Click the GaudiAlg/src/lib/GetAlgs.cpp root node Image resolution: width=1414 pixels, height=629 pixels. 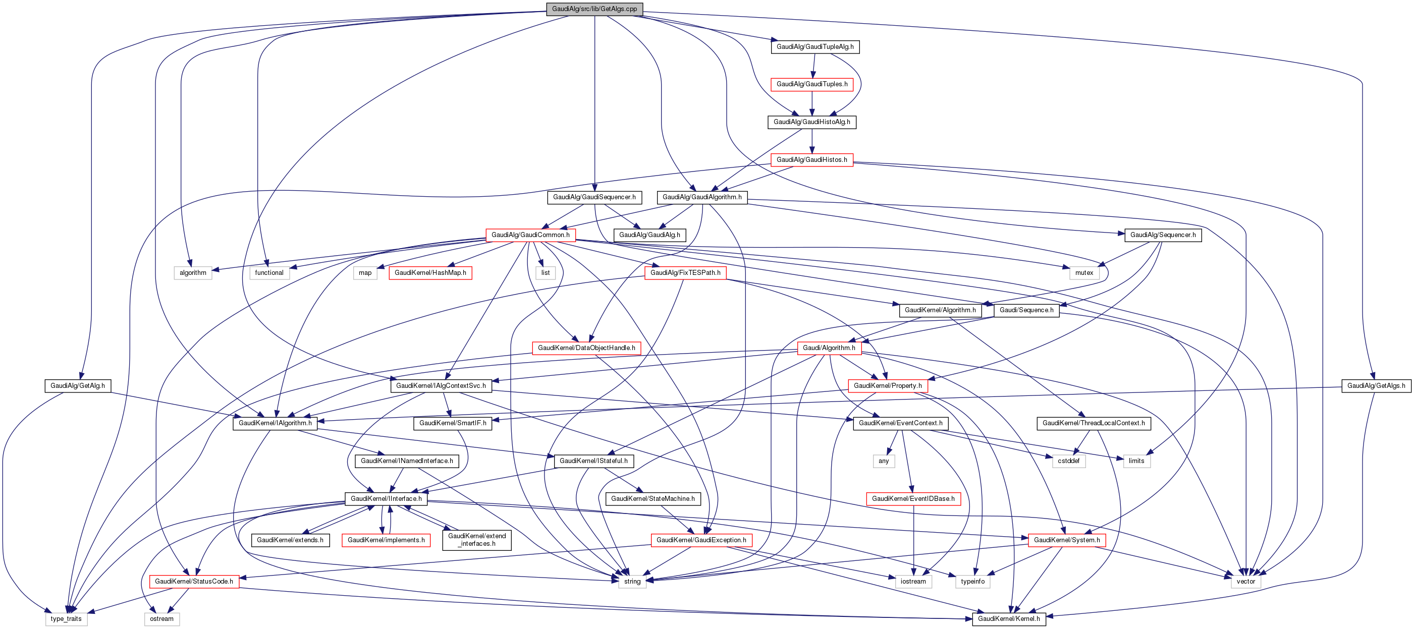594,9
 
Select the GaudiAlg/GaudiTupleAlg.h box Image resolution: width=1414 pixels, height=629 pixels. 814,46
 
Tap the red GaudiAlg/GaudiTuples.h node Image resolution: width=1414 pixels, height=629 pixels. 812,84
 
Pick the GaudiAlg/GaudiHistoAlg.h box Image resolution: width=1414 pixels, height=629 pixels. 812,122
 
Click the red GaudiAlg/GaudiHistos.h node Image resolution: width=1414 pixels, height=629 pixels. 812,160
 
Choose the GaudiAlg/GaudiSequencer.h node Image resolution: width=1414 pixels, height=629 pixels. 594,197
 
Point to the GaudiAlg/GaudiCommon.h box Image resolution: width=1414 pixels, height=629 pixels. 530,235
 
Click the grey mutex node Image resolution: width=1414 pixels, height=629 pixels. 1084,273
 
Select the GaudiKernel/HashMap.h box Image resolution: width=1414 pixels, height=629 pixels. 430,273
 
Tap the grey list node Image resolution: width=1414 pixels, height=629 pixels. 545,273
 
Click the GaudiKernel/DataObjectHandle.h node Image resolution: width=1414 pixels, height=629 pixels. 586,348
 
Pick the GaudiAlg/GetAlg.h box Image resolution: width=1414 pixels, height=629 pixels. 77,386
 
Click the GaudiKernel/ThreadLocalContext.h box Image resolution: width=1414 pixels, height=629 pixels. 1094,423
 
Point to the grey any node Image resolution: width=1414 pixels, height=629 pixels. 884,461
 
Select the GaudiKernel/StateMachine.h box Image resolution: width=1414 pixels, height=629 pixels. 652,499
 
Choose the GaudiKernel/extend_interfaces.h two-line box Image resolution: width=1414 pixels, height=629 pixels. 477,540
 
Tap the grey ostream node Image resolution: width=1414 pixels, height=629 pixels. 162,618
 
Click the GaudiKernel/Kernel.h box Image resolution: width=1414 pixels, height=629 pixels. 1009,618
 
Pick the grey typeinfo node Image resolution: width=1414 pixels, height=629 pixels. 972,581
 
